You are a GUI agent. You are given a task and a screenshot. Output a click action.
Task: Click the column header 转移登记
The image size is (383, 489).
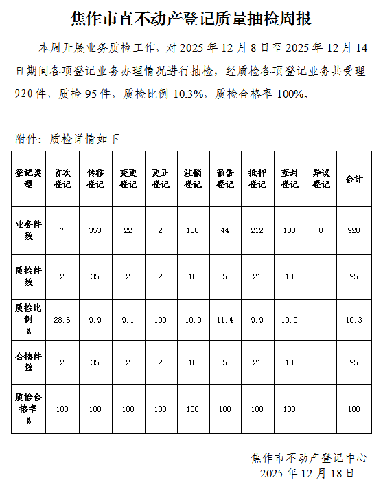(x=95, y=179)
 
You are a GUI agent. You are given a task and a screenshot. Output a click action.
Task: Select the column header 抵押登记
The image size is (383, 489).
(x=257, y=179)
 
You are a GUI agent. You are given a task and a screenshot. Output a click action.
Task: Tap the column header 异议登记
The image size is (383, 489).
(x=321, y=179)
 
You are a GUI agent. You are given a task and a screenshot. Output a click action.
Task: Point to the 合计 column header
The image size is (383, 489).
(x=353, y=179)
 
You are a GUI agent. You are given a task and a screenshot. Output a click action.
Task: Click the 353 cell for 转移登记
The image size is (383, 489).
(x=95, y=231)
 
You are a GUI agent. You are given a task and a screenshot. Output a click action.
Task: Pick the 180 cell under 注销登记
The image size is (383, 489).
(x=193, y=231)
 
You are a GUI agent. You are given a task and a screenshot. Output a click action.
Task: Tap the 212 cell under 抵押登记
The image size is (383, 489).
(x=257, y=231)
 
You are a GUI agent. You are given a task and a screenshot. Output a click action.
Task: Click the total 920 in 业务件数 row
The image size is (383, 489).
(x=353, y=231)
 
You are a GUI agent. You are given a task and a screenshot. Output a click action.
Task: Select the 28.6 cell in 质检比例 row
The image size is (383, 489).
(x=62, y=320)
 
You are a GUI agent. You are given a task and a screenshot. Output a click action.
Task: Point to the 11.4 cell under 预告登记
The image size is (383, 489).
(x=225, y=320)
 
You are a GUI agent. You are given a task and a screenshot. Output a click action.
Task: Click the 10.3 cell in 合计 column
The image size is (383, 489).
(x=353, y=320)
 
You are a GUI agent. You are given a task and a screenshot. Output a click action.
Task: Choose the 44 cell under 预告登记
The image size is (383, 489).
(x=225, y=231)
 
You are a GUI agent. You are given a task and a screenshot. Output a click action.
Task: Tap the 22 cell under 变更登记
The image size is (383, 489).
(x=128, y=231)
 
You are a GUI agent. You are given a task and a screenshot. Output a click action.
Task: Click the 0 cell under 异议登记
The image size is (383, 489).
(x=321, y=231)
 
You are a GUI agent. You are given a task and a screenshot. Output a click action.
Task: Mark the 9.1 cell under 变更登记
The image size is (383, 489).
(x=128, y=320)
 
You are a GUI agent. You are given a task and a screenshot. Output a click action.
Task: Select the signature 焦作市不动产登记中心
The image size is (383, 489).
(x=309, y=457)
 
